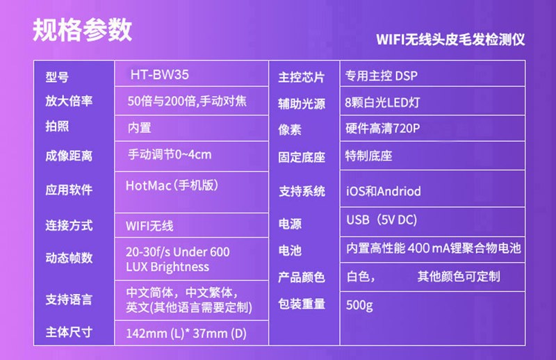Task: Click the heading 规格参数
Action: click(82, 30)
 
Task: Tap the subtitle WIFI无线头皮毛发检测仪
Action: click(450, 39)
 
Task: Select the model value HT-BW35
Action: click(160, 75)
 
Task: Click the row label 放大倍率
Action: click(69, 101)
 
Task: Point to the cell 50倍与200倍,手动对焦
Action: click(187, 101)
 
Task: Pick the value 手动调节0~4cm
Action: click(170, 155)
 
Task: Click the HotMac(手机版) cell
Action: click(172, 186)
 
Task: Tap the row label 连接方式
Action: click(69, 226)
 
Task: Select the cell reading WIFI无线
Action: click(149, 226)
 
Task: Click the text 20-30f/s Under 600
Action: click(178, 252)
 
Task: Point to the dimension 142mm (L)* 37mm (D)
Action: click(186, 334)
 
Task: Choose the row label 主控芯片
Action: click(302, 77)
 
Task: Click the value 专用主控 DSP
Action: click(381, 76)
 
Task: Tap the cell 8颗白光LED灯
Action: click(382, 102)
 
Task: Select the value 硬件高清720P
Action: click(383, 128)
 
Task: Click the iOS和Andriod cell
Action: click(384, 192)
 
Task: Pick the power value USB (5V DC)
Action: click(382, 220)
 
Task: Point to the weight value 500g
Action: click(359, 305)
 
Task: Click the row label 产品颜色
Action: click(302, 277)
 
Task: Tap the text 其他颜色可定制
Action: click(459, 277)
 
